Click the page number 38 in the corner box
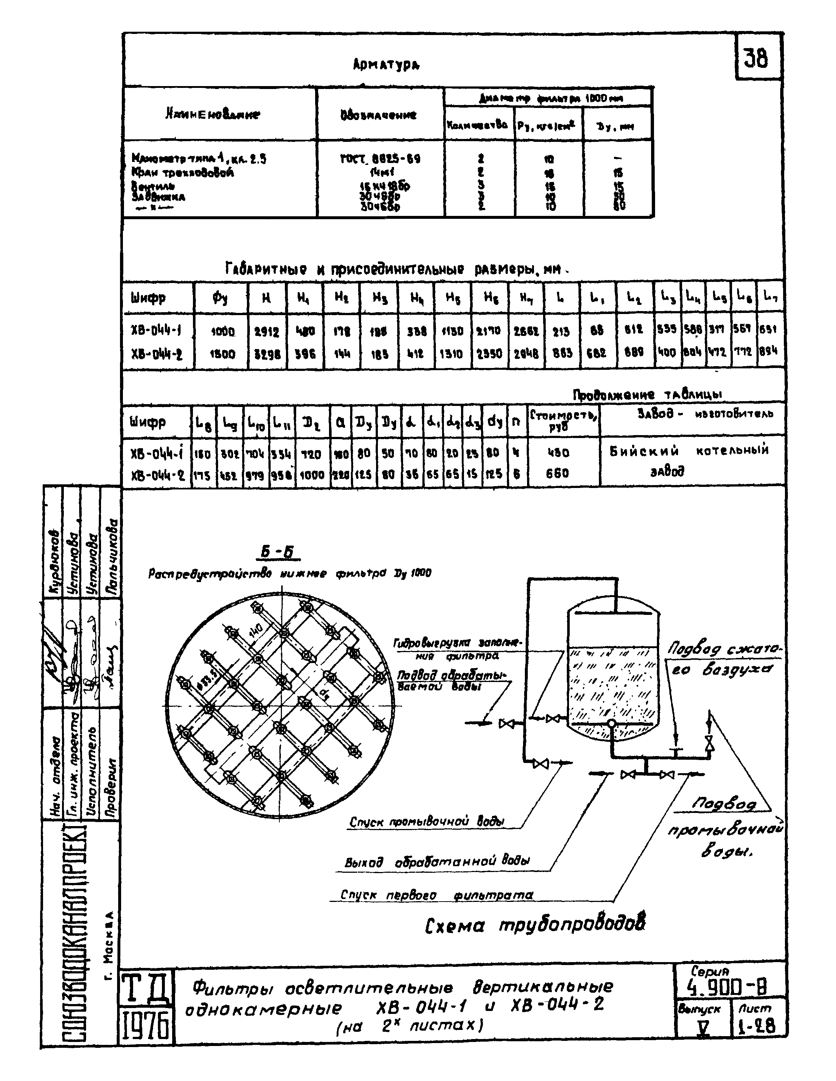[756, 58]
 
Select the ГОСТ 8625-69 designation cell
[380, 159]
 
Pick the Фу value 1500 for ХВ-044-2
[222, 354]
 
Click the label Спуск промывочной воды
[427, 822]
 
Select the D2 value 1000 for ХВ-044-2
[312, 475]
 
